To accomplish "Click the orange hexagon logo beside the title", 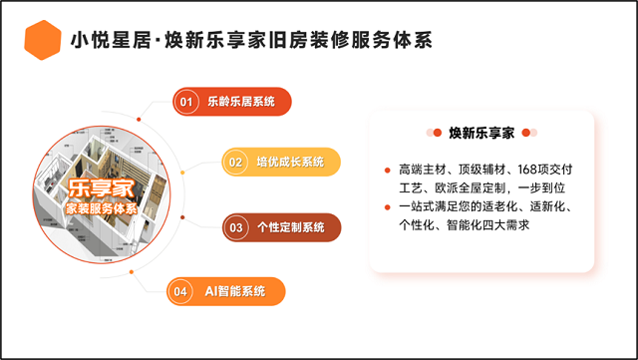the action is (43, 40).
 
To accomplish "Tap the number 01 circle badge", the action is (186, 102).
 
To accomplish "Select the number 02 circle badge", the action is (235, 163).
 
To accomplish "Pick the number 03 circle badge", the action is (236, 227).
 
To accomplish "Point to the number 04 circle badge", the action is (180, 291).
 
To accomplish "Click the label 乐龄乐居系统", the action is (241, 102).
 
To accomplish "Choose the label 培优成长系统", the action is (290, 163).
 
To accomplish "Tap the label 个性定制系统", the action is (290, 227).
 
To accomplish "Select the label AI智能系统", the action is (235, 291).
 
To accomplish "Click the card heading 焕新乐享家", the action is (481, 133).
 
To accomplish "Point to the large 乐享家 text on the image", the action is (101, 188).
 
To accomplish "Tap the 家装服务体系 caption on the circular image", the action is (102, 208).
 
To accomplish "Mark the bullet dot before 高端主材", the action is (388, 171).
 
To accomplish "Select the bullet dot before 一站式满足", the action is (388, 207).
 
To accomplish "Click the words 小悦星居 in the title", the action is (111, 40).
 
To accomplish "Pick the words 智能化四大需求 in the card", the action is (487, 224).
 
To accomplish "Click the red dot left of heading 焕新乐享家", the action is (438, 133).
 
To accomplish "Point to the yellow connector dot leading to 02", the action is (182, 173).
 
